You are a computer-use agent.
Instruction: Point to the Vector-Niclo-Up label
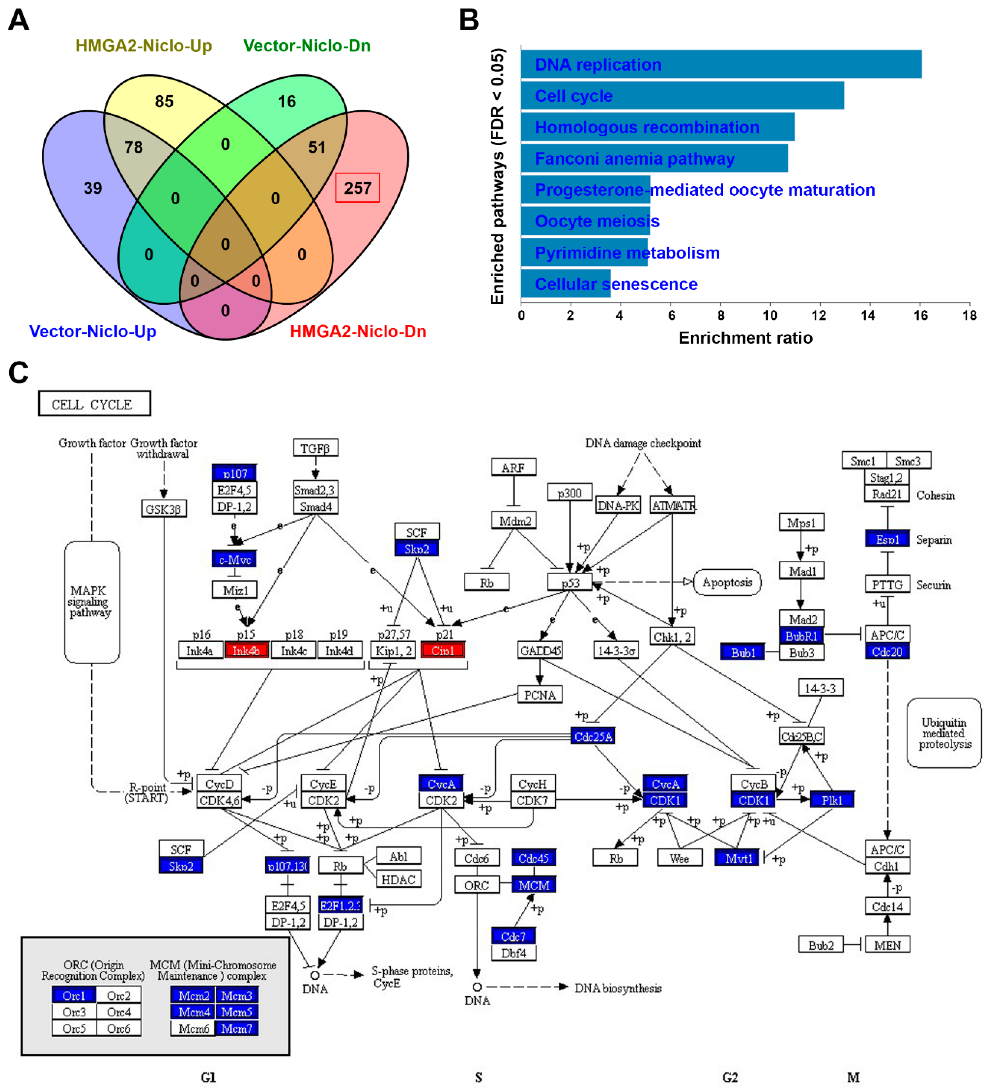click(x=92, y=331)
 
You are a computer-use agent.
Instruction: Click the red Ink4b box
click(x=246, y=650)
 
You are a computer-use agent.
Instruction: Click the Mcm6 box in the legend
click(x=193, y=1028)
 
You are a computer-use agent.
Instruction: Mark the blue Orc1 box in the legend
click(x=74, y=996)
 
